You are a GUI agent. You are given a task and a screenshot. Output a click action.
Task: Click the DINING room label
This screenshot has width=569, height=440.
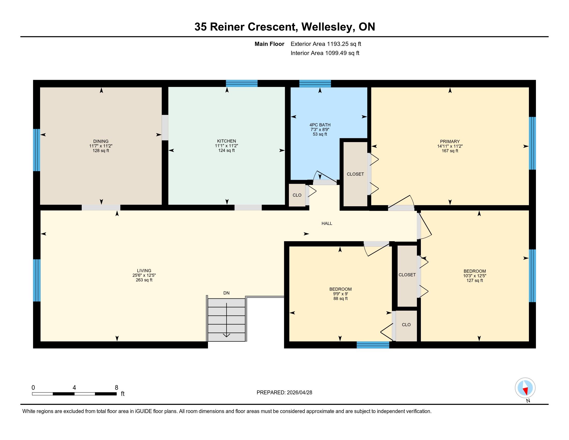click(x=101, y=141)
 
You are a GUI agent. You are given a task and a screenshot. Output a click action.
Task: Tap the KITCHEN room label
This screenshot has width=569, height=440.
click(x=226, y=141)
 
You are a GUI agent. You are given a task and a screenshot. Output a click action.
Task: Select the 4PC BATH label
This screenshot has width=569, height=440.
click(x=320, y=125)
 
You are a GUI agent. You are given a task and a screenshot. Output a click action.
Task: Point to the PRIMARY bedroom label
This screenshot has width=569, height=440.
click(x=450, y=142)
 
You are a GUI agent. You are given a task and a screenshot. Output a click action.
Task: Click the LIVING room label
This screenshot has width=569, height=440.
click(x=144, y=270)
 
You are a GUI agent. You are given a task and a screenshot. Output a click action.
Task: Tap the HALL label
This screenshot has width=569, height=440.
click(x=327, y=223)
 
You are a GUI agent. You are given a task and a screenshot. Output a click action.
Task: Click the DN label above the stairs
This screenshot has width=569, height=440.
click(x=226, y=293)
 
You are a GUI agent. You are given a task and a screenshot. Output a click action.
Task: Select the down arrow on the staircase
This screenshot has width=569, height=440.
click(x=226, y=320)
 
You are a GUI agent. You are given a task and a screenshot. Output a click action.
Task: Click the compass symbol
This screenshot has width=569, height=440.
click(x=525, y=388)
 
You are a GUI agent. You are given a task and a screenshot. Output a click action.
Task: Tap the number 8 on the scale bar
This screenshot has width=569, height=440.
click(x=116, y=388)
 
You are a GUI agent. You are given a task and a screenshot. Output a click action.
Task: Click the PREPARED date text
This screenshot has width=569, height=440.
click(x=284, y=393)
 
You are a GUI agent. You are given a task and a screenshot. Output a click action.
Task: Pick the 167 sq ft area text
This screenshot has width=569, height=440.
click(x=450, y=151)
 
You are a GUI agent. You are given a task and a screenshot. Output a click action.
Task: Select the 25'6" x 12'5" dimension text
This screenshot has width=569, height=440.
click(x=144, y=275)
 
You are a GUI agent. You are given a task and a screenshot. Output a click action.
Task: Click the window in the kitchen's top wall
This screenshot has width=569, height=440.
click(x=242, y=83)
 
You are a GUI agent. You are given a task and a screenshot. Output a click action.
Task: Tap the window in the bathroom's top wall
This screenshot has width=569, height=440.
click(x=315, y=83)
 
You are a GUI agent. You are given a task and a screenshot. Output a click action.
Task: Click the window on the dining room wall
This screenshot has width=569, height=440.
click(x=36, y=150)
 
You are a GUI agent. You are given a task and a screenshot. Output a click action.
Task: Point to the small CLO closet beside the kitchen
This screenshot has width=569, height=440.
click(x=297, y=195)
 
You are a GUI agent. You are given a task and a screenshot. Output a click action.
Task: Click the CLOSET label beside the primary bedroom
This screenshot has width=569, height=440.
click(x=355, y=174)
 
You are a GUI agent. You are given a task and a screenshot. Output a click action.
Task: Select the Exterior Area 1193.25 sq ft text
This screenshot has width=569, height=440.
click(x=326, y=44)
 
